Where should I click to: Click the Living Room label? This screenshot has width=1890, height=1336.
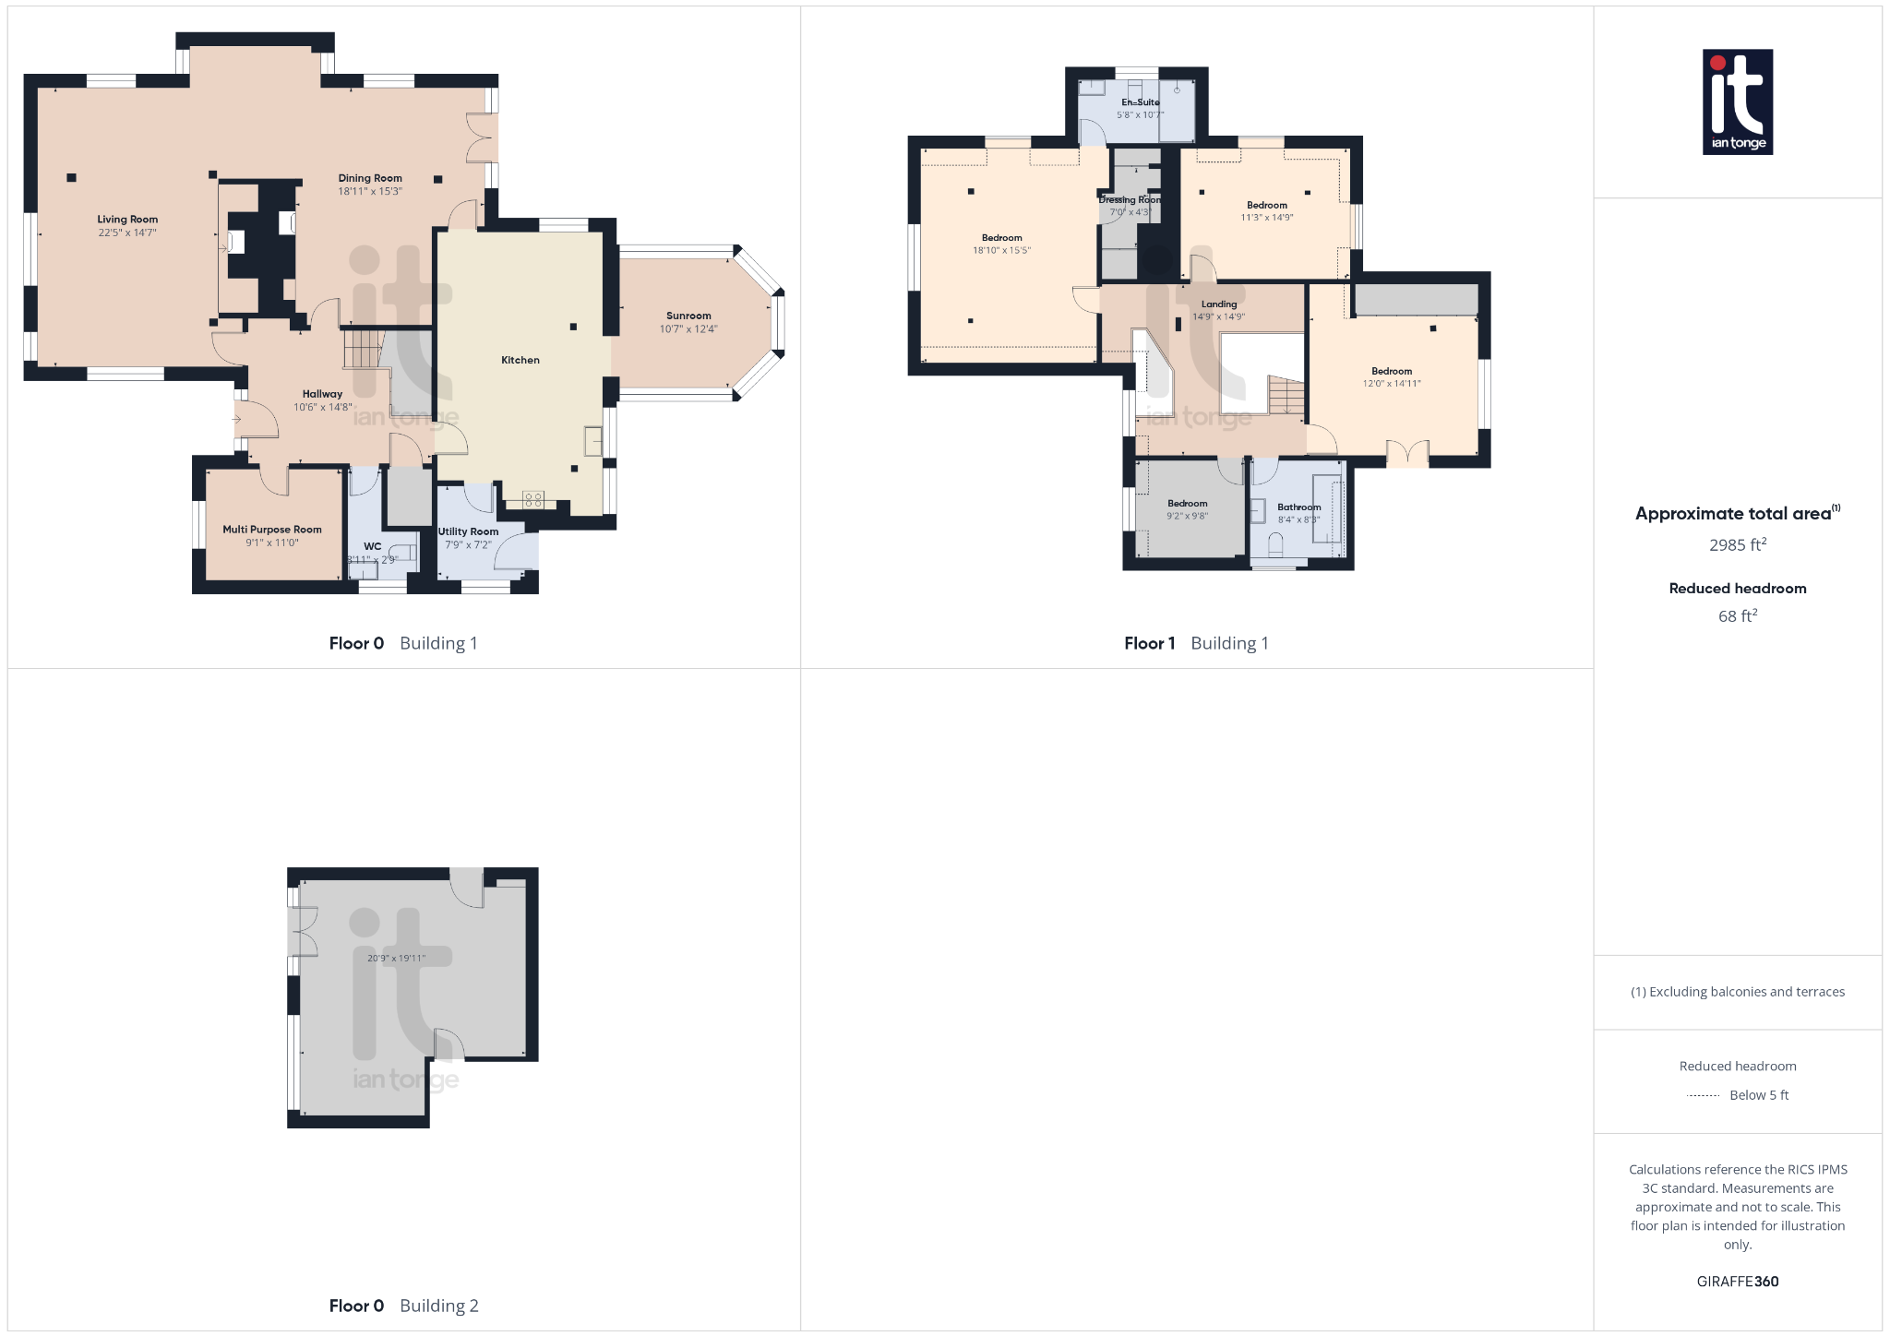[127, 220]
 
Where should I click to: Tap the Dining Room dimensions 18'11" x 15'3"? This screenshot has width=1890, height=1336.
[369, 192]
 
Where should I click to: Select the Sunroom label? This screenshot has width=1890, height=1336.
[688, 316]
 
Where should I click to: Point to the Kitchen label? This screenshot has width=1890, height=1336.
[520, 360]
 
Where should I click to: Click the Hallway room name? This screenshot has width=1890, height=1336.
[322, 394]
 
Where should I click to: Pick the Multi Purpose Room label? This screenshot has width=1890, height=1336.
[272, 530]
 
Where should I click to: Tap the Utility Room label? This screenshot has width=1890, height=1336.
[468, 531]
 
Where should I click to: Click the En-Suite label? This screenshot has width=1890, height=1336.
[1141, 102]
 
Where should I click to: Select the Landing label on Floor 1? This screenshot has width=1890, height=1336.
[1219, 304]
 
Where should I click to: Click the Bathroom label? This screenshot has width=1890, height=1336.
[1298, 507]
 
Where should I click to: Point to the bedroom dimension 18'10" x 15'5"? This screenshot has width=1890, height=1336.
[1001, 250]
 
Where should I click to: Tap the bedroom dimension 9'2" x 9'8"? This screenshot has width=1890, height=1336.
[1187, 516]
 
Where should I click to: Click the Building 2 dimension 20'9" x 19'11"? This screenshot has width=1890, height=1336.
[396, 958]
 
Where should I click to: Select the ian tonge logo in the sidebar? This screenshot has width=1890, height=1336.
[1737, 101]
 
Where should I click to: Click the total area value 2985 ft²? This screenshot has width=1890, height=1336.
[1737, 544]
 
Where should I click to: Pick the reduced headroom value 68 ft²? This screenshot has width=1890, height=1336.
[1737, 615]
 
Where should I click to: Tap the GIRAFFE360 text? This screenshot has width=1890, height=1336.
[1737, 1281]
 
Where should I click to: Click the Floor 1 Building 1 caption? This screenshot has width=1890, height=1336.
[1196, 643]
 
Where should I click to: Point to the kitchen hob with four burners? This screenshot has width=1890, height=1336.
[533, 500]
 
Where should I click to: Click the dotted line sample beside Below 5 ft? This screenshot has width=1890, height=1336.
[1703, 1096]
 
